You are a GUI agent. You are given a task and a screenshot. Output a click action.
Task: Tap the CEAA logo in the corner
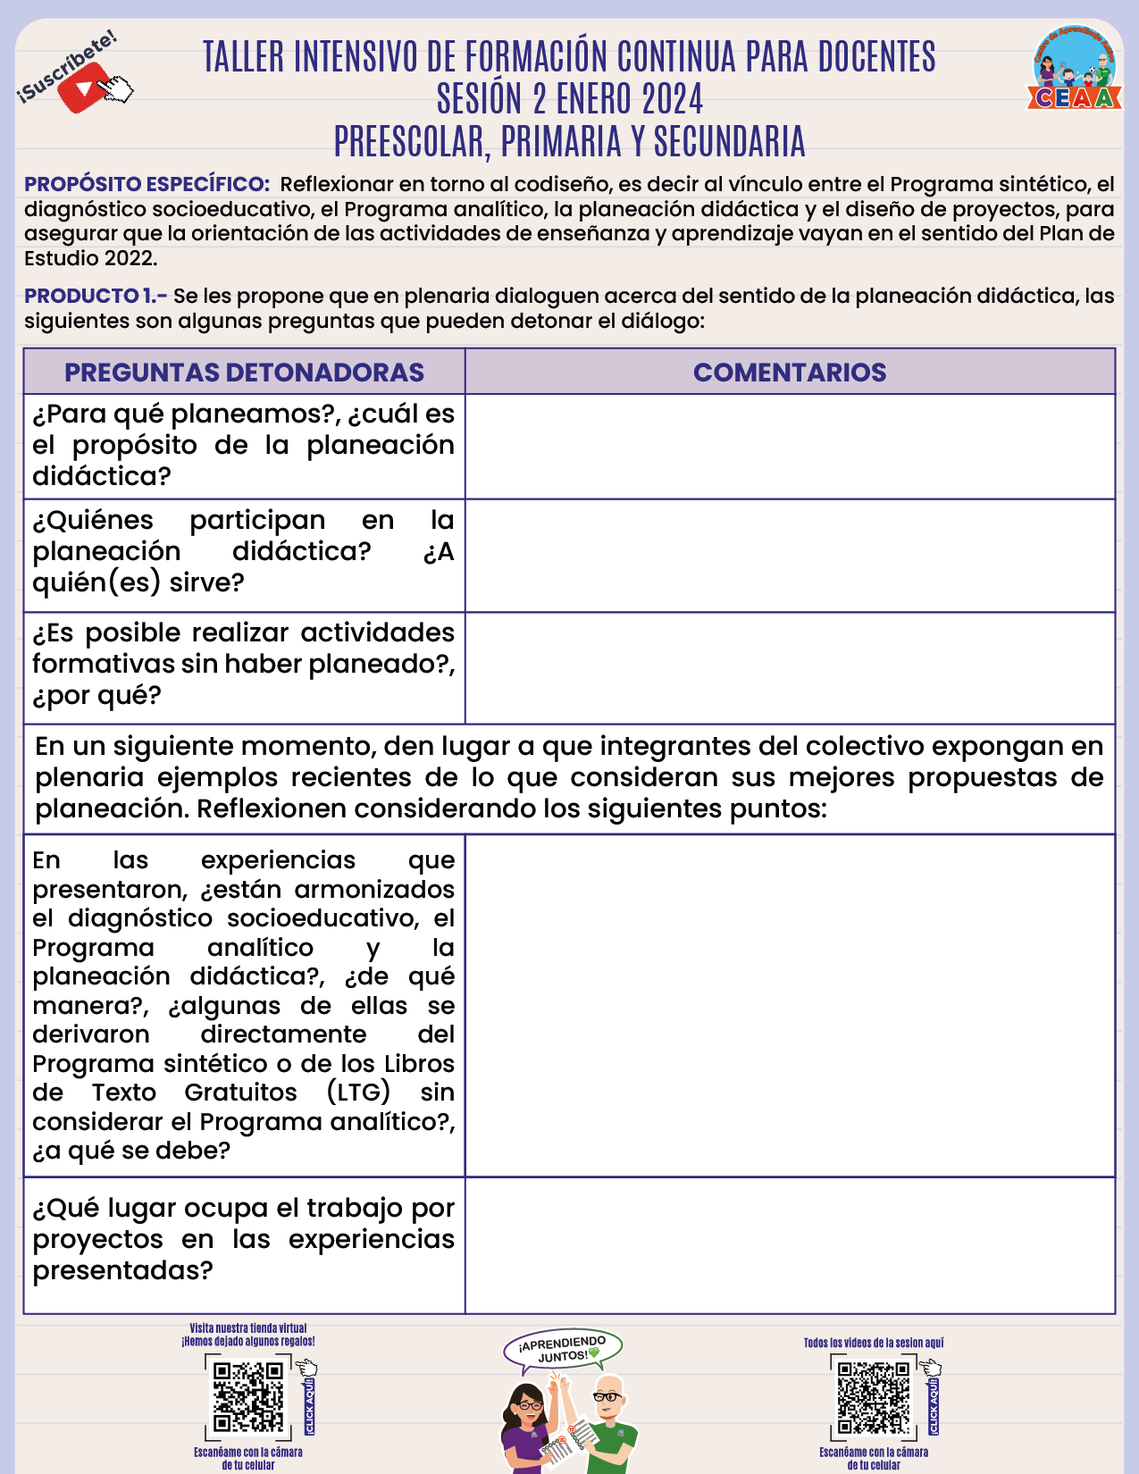click(1075, 70)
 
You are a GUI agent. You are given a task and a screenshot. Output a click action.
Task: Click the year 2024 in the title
click(662, 99)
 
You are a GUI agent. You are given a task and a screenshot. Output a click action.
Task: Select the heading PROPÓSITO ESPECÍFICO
click(147, 185)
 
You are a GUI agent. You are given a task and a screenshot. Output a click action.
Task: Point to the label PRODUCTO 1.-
click(96, 297)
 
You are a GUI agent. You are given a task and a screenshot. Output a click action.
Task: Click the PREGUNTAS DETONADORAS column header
click(244, 373)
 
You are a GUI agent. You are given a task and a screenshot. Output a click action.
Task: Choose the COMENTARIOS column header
click(790, 373)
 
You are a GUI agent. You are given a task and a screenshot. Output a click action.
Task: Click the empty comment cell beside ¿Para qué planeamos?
click(790, 447)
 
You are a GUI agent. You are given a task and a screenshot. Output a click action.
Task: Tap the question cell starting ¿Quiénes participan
click(244, 552)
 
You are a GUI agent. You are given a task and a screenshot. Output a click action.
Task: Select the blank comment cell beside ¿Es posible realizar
click(790, 668)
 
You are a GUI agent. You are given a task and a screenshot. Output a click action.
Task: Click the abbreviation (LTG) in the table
click(358, 1093)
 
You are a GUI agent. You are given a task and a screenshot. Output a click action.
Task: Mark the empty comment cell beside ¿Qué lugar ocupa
click(790, 1245)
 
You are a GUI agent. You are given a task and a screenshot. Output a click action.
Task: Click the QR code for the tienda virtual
click(248, 1395)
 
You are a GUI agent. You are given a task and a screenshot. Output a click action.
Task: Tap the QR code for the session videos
click(873, 1397)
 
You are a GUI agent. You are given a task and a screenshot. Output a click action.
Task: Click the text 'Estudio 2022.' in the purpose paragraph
click(90, 259)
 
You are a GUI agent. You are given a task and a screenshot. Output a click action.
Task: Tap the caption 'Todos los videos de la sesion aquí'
click(873, 1343)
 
